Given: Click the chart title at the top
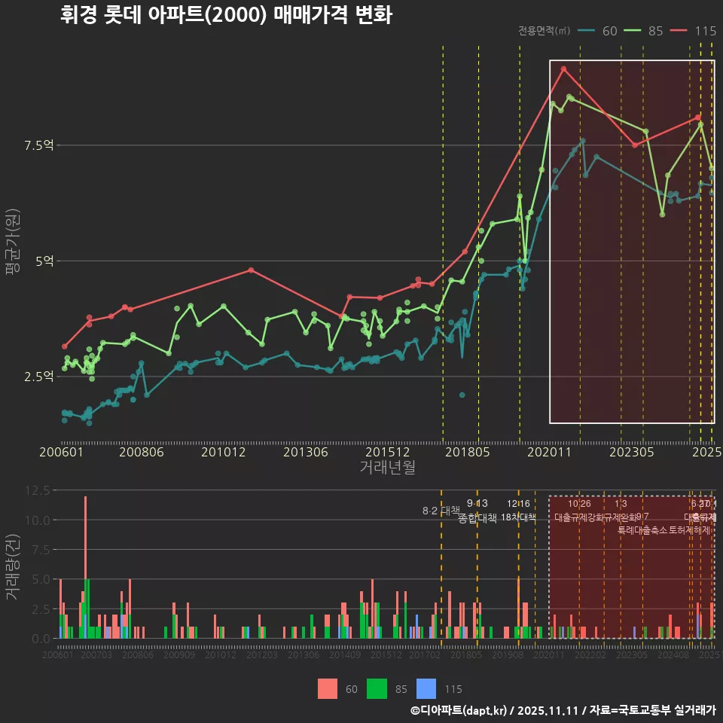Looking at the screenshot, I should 226,15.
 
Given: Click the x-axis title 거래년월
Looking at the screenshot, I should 387,468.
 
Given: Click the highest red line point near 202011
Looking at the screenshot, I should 563,69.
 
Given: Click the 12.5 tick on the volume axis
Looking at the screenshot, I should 38,490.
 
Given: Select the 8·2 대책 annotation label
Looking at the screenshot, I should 441,511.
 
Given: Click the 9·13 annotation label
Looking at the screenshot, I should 477,503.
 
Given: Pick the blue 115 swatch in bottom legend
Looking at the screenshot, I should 426,688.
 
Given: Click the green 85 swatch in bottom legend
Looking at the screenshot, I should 377,688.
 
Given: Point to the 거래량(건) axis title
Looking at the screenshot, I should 12,567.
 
